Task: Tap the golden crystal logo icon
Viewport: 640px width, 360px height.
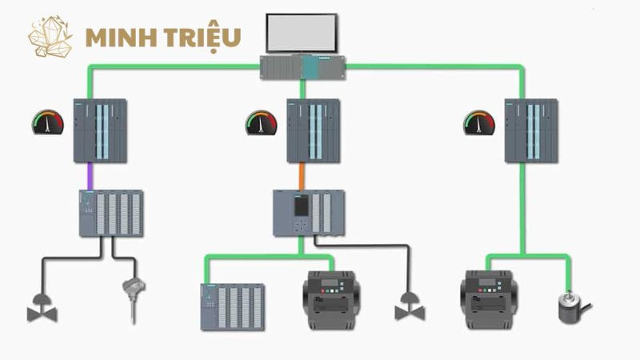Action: click(x=50, y=37)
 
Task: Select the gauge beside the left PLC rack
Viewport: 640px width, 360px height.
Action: click(x=47, y=122)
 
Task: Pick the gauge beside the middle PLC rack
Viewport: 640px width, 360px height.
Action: click(x=261, y=123)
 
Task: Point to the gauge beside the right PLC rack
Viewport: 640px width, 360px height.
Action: click(x=478, y=122)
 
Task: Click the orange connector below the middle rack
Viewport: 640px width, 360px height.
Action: click(x=301, y=175)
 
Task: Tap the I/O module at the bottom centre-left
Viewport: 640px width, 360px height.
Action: click(x=232, y=306)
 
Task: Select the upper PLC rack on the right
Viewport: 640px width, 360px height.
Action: click(x=530, y=130)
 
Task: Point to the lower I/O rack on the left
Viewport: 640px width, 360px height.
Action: click(x=111, y=213)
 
